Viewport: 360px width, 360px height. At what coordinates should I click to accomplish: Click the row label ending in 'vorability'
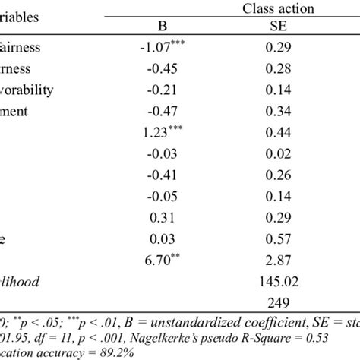tap(27, 90)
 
